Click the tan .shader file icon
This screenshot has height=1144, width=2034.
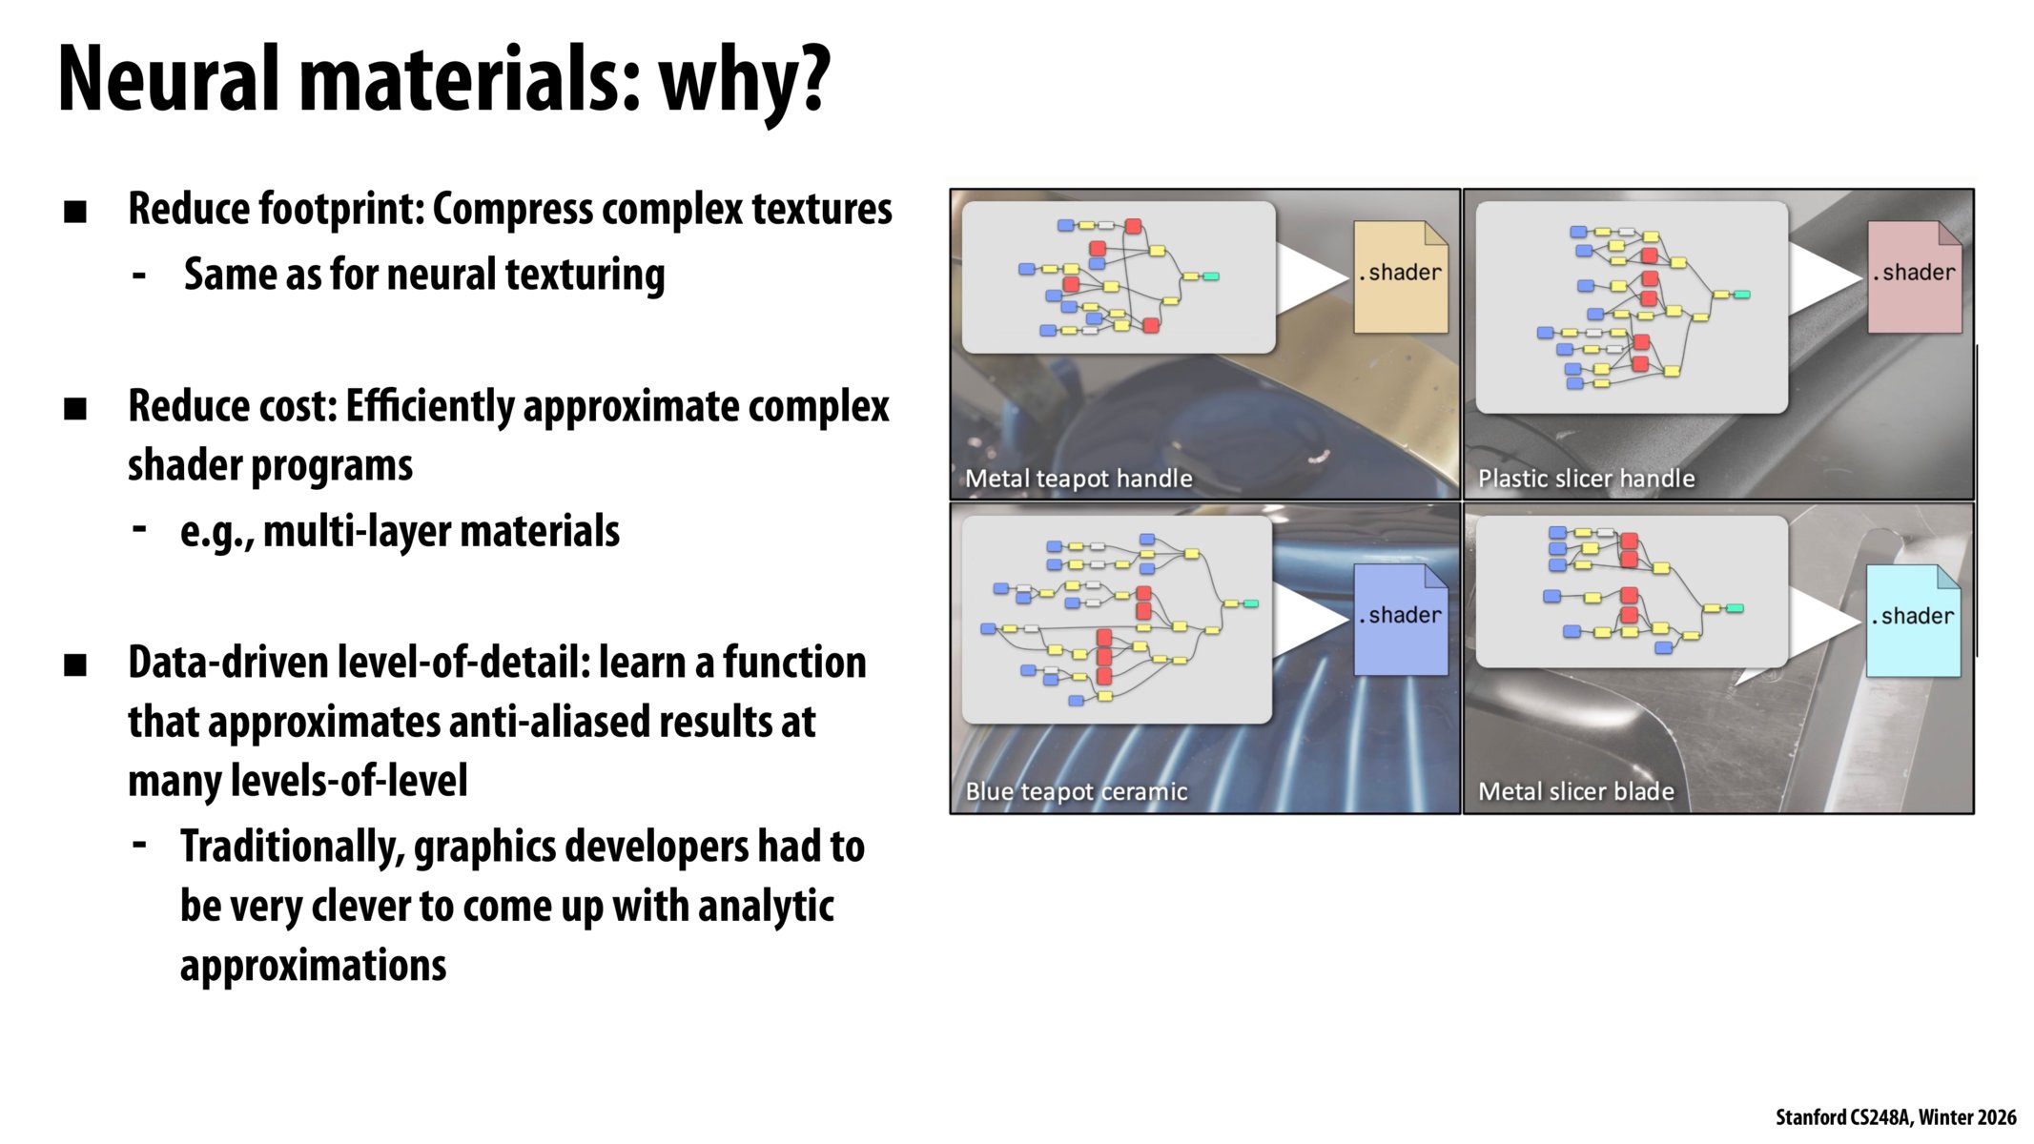(x=1401, y=276)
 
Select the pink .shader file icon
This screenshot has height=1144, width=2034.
(x=1914, y=276)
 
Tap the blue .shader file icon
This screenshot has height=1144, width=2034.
(x=1401, y=620)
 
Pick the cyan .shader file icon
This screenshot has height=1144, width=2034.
(x=1913, y=621)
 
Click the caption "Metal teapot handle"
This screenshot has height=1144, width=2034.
(x=1079, y=479)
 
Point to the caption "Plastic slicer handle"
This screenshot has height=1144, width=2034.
(x=1587, y=479)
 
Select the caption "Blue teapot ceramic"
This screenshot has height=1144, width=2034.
(x=1077, y=791)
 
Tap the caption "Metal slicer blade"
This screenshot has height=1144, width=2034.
(x=1576, y=791)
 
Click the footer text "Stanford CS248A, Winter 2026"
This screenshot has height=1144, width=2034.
(x=1896, y=1117)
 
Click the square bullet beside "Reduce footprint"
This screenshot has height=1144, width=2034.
(x=75, y=212)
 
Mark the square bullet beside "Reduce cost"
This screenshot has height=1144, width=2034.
(x=75, y=409)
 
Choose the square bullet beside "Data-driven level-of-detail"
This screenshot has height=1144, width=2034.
(x=75, y=664)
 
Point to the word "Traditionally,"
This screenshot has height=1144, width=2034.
(x=293, y=848)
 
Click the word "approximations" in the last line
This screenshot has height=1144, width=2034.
(x=313, y=966)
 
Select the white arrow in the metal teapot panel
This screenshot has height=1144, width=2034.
(x=1313, y=277)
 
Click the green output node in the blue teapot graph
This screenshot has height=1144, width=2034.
(x=1251, y=603)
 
